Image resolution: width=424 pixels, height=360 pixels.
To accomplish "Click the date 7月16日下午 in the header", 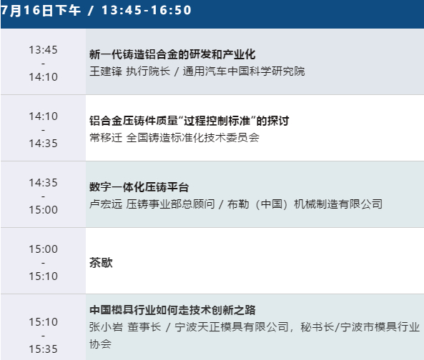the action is tap(41, 10).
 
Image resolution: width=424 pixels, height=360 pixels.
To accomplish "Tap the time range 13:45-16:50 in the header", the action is tap(147, 10).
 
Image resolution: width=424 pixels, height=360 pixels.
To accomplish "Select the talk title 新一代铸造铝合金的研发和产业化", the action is tap(172, 54).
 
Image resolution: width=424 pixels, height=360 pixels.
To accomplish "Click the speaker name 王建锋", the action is tap(106, 71).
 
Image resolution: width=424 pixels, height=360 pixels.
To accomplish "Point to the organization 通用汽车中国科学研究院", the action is tap(244, 71).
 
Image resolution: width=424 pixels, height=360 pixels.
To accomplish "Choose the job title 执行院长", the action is tap(148, 71).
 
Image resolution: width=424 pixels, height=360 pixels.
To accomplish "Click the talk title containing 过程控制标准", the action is tap(189, 121).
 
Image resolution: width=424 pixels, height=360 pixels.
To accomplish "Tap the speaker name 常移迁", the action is tap(106, 138).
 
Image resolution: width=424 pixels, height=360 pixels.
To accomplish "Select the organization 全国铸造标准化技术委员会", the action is tap(193, 138).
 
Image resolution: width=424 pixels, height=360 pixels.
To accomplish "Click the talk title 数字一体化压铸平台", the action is tap(139, 187).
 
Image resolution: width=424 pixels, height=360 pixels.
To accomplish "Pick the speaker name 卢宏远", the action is tap(106, 204).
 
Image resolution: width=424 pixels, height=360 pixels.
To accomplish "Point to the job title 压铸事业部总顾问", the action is tap(170, 204).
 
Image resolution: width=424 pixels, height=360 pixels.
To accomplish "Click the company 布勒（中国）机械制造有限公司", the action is tap(305, 204).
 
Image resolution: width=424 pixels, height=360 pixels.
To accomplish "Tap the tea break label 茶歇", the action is tap(101, 263).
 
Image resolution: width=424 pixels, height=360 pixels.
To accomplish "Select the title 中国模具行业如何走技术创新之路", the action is tap(172, 310).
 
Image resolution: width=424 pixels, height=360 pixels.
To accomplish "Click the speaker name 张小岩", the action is tap(106, 327).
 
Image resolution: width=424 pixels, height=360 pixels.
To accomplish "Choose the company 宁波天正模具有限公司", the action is tap(232, 327).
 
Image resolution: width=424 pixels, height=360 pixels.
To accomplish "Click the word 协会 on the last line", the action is tap(100, 344).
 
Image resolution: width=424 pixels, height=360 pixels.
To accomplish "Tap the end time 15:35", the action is tap(44, 349).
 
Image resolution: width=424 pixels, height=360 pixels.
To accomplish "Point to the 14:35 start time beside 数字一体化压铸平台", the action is tap(44, 183).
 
